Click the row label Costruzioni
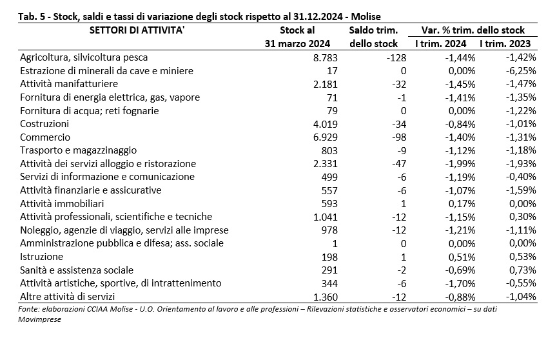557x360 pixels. [x=44, y=124]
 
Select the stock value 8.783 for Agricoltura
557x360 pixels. [x=325, y=57]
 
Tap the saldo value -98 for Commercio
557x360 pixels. [x=396, y=137]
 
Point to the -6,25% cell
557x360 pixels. [x=520, y=71]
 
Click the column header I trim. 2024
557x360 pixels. [x=440, y=44]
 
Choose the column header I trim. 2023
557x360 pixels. [x=505, y=44]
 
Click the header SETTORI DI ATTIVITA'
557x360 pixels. [x=137, y=30]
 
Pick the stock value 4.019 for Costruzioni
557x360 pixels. [x=325, y=124]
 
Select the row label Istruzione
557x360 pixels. [x=41, y=257]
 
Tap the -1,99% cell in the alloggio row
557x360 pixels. [x=460, y=164]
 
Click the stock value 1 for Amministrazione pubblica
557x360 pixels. [x=335, y=244]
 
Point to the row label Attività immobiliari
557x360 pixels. [x=62, y=204]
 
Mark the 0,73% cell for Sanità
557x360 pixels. [x=523, y=270]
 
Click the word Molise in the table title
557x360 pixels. [x=367, y=17]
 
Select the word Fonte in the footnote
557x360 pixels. [x=28, y=309]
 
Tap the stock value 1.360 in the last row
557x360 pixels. [x=325, y=297]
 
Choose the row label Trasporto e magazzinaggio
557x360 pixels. [x=78, y=150]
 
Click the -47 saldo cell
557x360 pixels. [x=399, y=164]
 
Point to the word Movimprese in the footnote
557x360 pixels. [x=39, y=319]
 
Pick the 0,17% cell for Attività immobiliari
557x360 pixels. [x=462, y=204]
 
